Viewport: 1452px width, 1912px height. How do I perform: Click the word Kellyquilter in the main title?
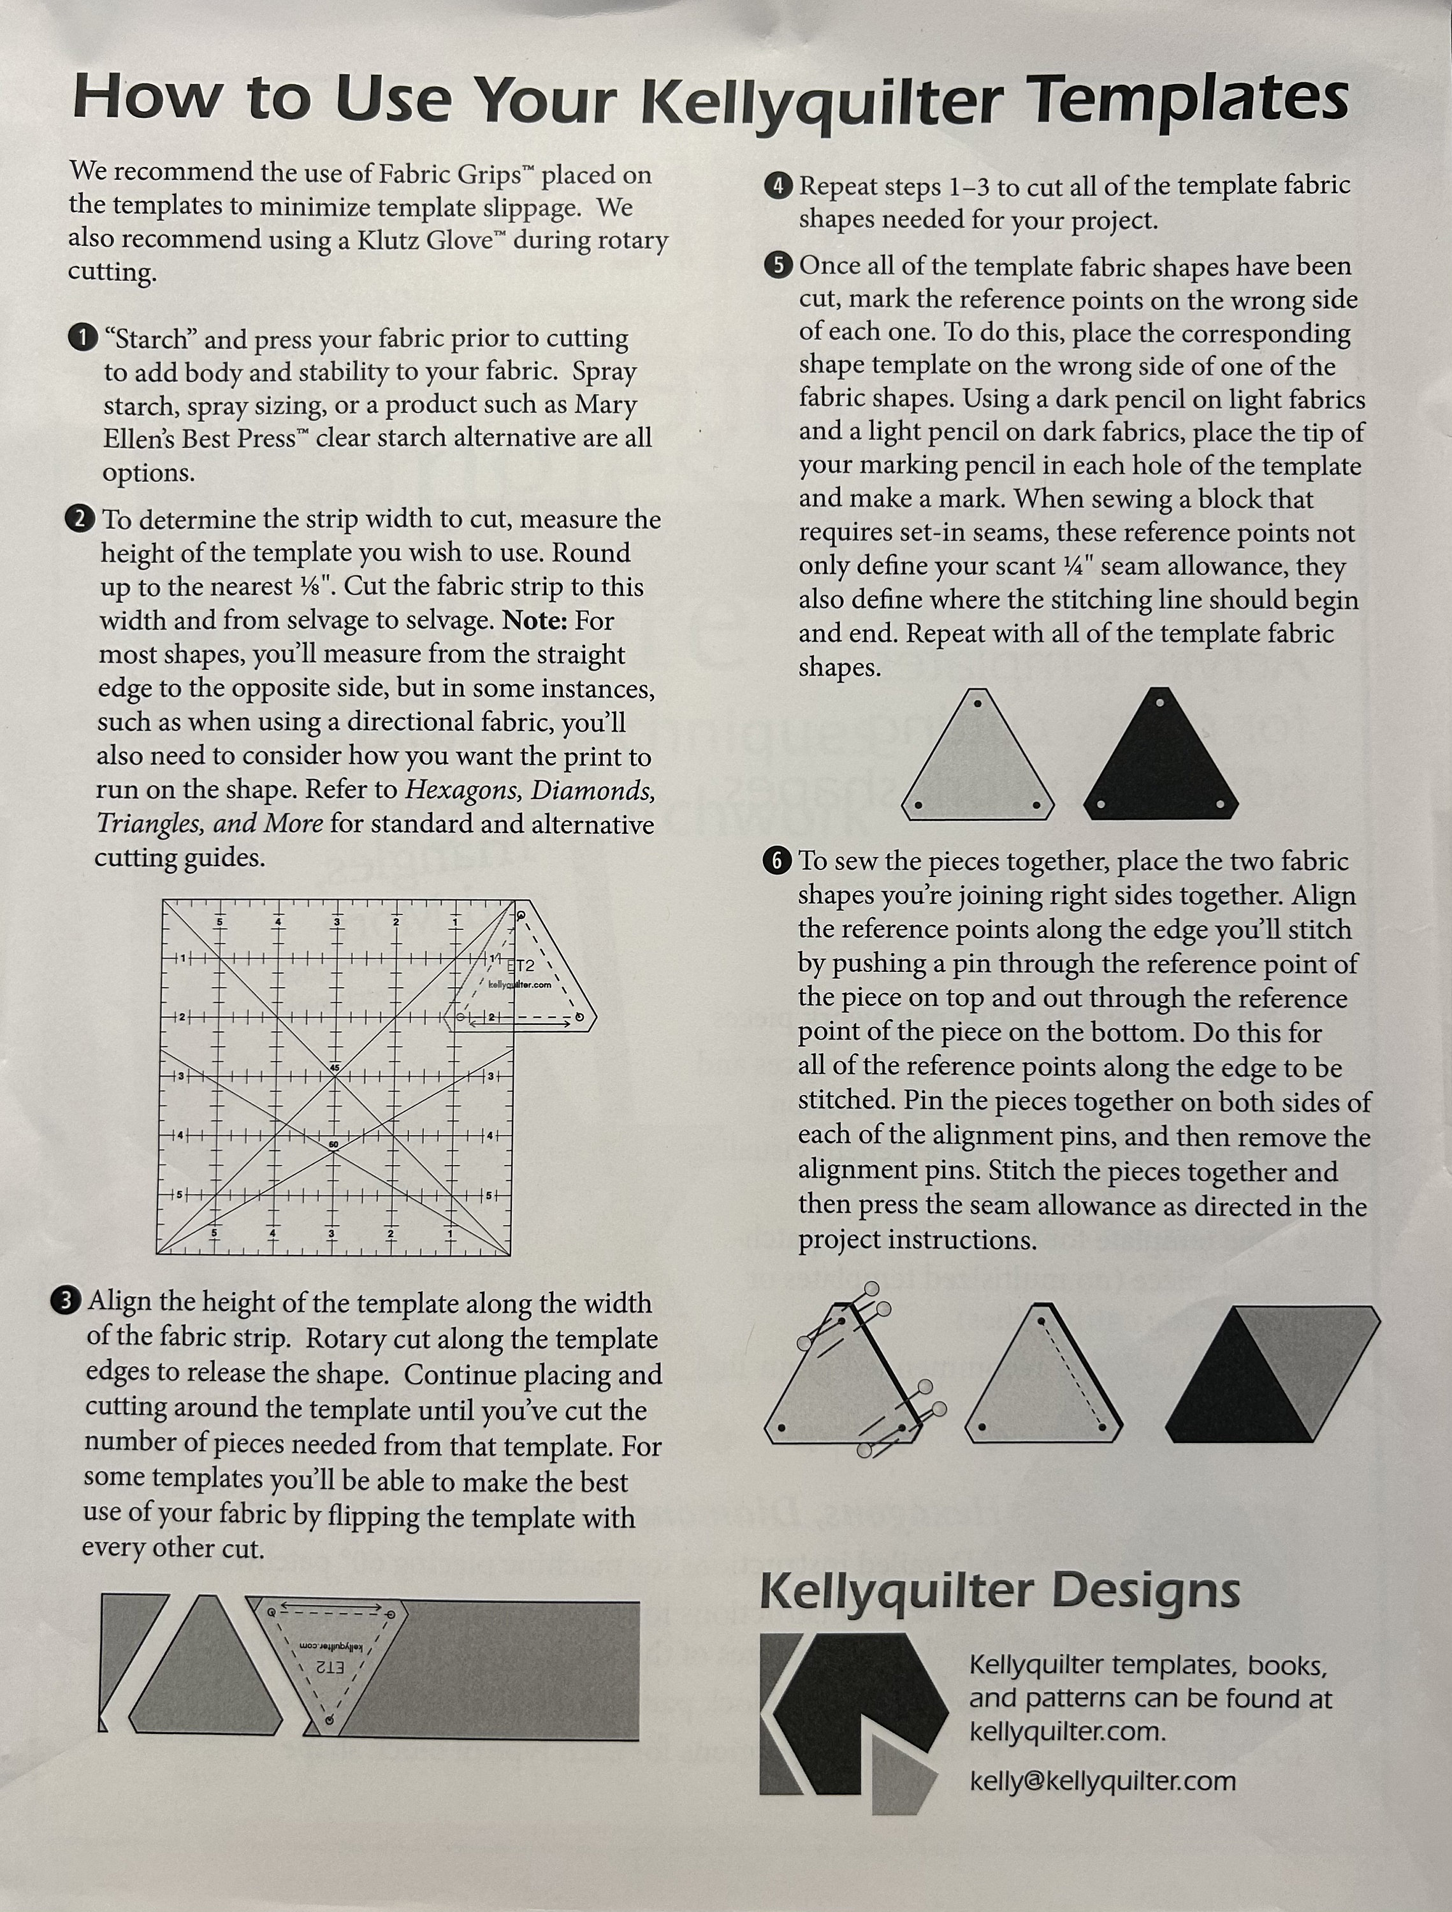point(821,102)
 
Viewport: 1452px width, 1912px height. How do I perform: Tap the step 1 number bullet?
point(82,338)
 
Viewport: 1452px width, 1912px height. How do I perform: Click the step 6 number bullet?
point(777,861)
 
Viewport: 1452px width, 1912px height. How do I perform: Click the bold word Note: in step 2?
point(534,621)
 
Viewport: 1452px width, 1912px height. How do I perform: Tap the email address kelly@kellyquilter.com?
point(1102,1781)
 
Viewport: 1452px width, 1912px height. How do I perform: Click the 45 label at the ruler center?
point(335,1068)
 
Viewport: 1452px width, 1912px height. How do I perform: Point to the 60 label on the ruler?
point(333,1145)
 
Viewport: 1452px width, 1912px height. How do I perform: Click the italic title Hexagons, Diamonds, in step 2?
point(530,790)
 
